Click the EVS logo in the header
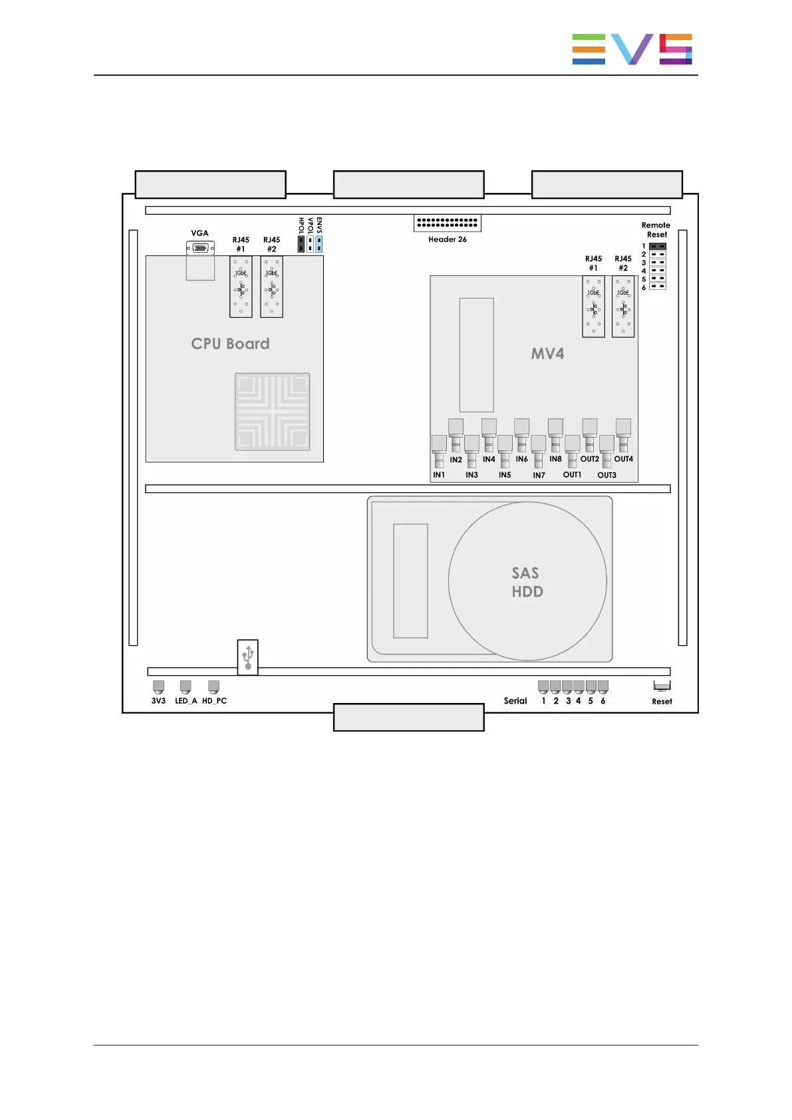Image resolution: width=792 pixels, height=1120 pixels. click(x=632, y=49)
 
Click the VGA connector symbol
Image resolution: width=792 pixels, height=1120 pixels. click(x=200, y=248)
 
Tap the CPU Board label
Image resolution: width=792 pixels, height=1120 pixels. click(x=230, y=343)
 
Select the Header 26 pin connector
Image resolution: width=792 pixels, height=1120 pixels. click(x=447, y=223)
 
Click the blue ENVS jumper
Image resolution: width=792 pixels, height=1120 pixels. click(x=319, y=244)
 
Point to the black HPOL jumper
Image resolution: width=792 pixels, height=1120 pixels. click(x=301, y=244)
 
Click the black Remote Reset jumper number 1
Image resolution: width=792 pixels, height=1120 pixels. click(x=658, y=247)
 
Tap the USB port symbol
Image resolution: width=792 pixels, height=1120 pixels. click(x=247, y=657)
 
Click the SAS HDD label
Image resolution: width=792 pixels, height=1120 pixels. click(x=527, y=582)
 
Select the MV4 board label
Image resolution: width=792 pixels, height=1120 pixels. click(x=547, y=354)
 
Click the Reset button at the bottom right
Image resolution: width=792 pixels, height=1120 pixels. click(x=662, y=686)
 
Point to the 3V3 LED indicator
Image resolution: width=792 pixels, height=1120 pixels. click(x=158, y=686)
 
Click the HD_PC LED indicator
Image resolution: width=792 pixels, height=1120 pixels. click(x=213, y=686)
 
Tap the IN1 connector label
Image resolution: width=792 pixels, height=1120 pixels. click(x=439, y=475)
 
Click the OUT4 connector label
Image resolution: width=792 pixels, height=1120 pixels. click(x=624, y=459)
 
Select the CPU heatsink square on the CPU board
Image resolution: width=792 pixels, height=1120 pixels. click(x=272, y=412)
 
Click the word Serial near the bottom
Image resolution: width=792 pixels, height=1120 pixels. click(x=515, y=700)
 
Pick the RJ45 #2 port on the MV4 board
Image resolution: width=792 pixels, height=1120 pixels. click(x=623, y=307)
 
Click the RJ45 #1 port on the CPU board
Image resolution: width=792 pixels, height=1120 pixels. click(x=241, y=287)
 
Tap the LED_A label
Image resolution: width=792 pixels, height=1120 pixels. click(x=186, y=701)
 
